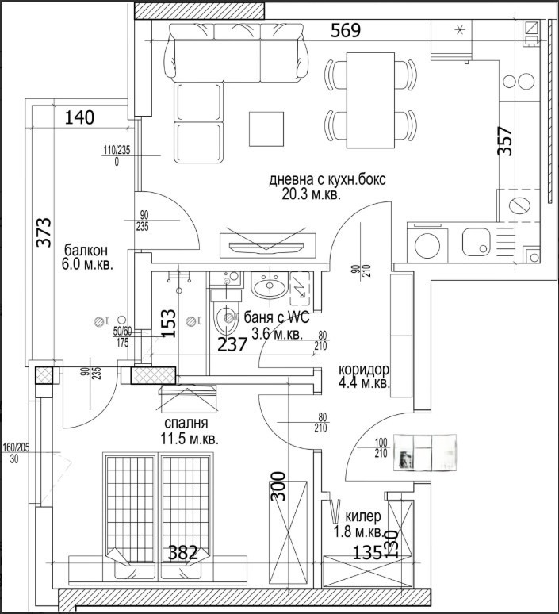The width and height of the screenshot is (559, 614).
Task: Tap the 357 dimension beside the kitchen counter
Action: [504, 141]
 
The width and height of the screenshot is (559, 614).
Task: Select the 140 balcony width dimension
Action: [79, 118]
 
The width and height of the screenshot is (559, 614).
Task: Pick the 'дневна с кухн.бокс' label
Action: [327, 180]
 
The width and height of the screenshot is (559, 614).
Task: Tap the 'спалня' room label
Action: [188, 424]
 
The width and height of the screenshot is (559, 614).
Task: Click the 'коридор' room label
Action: [364, 370]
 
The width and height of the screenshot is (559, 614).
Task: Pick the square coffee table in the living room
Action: [266, 128]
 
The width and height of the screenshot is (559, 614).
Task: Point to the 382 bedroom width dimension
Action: [183, 553]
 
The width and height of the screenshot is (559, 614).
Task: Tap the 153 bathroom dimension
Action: [168, 324]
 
